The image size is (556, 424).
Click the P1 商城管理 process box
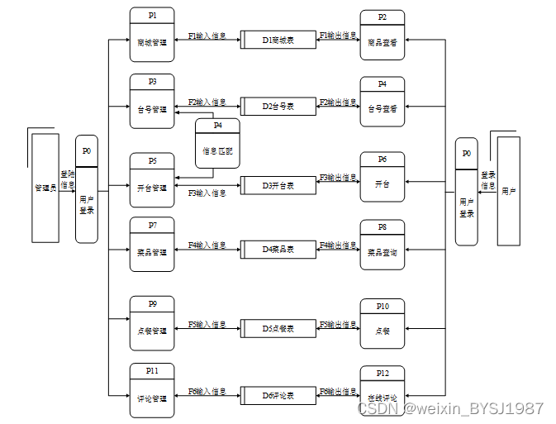pos(152,35)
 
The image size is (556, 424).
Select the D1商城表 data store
pos(278,40)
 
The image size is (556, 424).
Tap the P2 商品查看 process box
pos(383,36)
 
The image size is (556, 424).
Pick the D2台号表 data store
pos(278,106)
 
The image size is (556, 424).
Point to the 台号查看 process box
pos(383,102)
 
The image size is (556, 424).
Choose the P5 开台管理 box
pos(152,180)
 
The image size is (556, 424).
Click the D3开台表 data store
pos(278,185)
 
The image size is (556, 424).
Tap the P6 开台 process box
pos(383,176)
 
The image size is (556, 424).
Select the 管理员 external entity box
pos(44,188)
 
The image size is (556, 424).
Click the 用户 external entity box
pos(509,191)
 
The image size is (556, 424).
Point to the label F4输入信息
pos(207,245)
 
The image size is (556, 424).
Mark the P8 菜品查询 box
pos(383,245)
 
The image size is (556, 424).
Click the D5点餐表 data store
pos(278,329)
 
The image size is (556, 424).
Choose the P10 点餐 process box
pos(383,323)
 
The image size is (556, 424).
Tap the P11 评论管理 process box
pos(152,390)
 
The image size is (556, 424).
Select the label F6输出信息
pos(338,391)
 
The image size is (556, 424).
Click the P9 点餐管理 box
pos(152,323)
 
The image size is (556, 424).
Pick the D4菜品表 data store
pos(278,249)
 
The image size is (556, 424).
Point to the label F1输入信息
pos(207,36)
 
